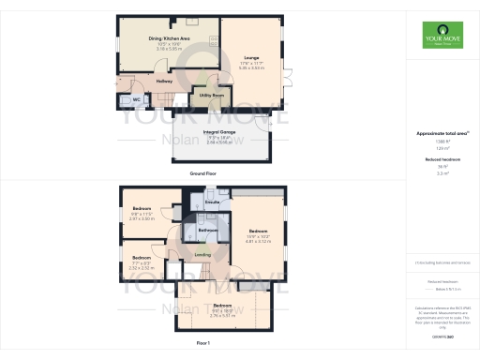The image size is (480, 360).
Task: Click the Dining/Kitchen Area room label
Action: [x=170, y=38]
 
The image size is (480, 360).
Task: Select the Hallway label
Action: [x=165, y=82]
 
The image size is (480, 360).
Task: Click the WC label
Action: [x=136, y=99]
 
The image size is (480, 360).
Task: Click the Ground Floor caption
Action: [x=202, y=173]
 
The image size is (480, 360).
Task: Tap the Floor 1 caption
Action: [x=202, y=345]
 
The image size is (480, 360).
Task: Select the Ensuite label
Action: [x=212, y=202]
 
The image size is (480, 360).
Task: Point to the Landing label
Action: [x=202, y=254]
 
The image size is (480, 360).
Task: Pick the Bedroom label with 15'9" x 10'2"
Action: [x=259, y=230]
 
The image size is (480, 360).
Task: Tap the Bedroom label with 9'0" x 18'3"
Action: [x=221, y=306]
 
